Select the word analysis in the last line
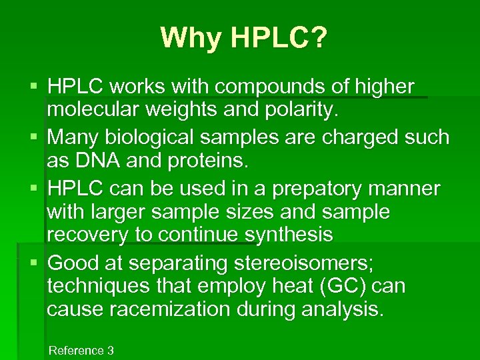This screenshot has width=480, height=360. [343, 309]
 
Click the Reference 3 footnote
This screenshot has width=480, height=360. [81, 350]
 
